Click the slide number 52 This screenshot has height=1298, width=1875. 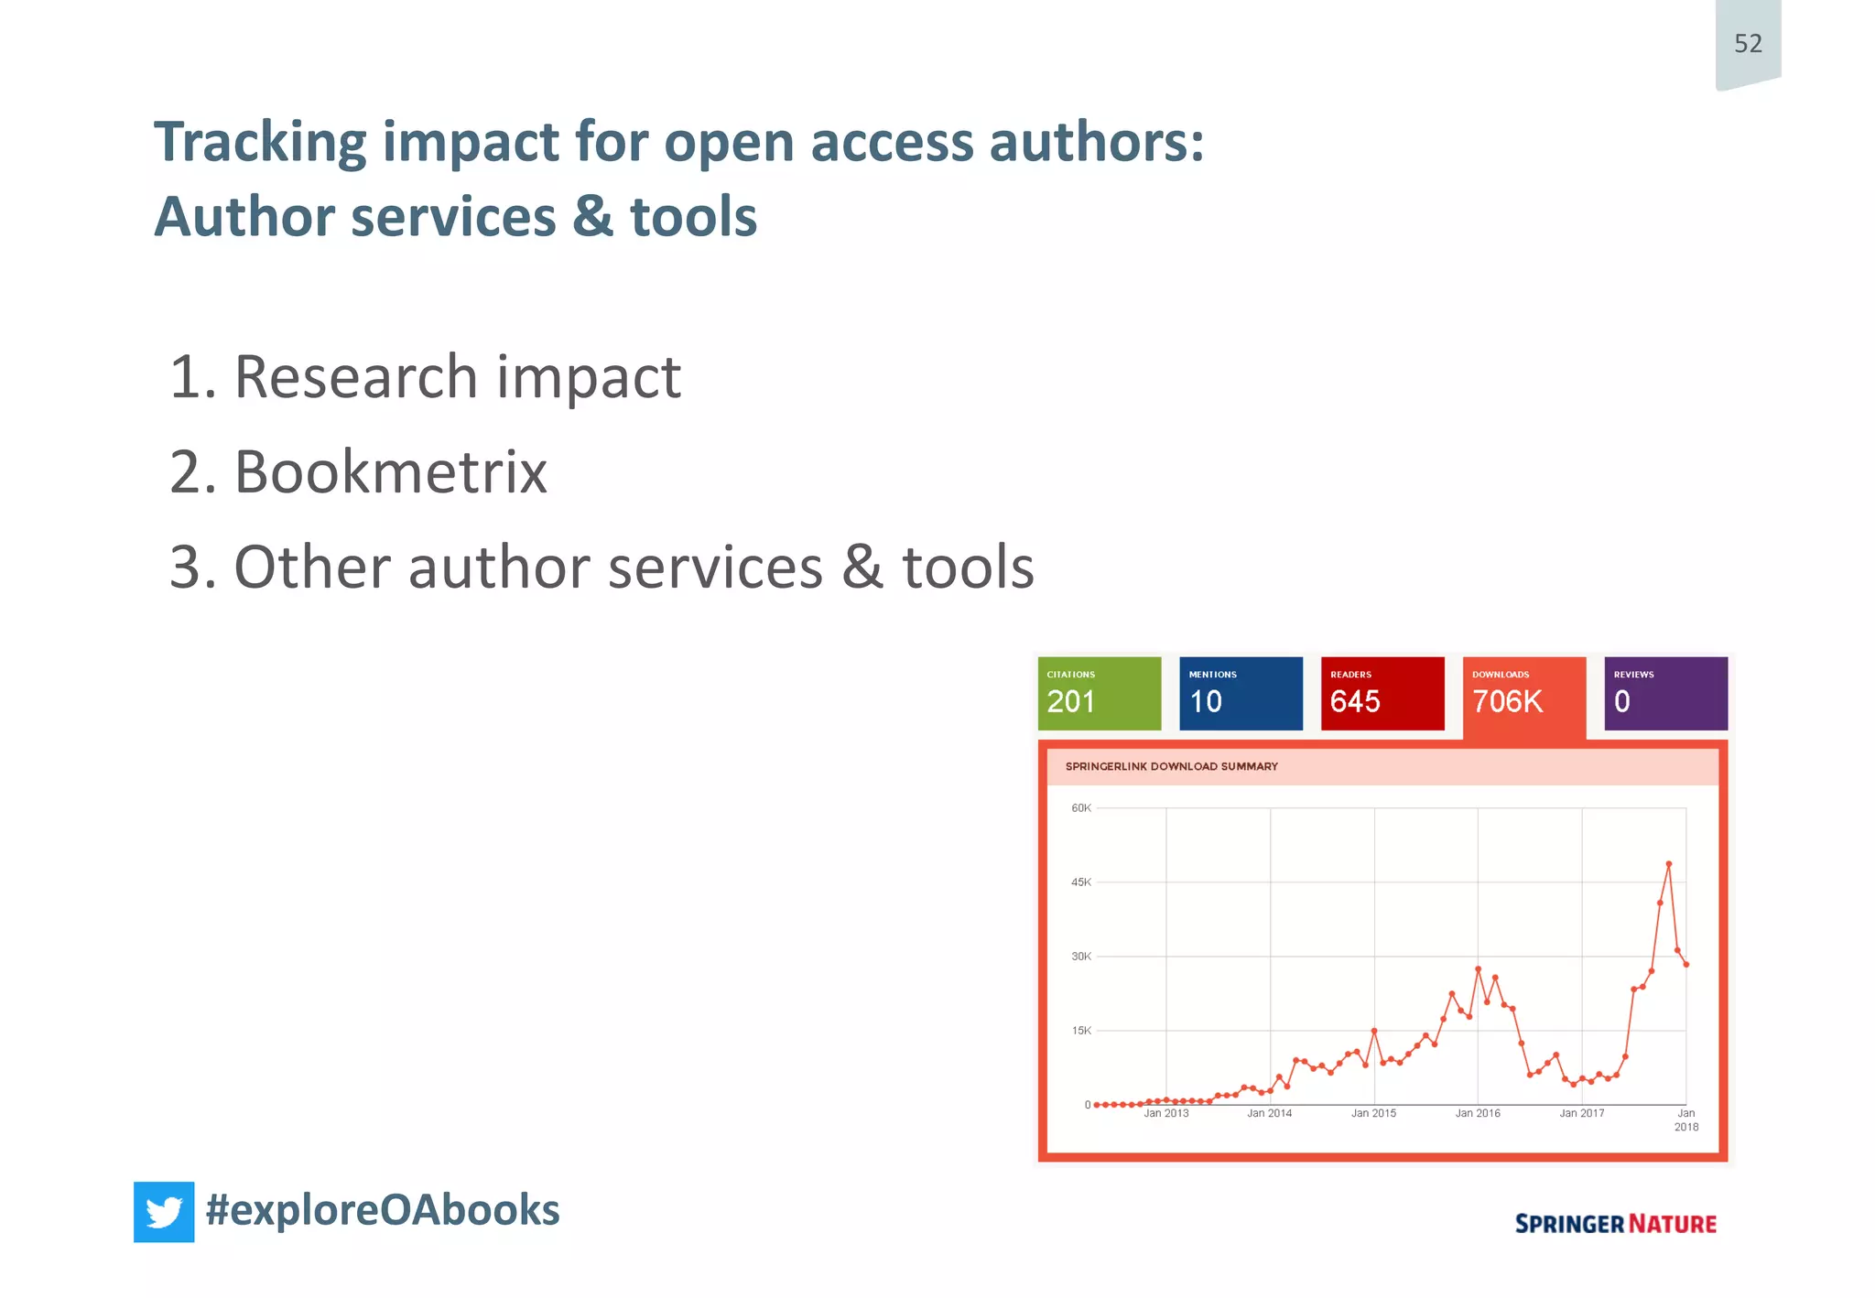coord(1748,43)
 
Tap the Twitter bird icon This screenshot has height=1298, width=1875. coord(164,1211)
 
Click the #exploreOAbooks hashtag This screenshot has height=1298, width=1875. coord(383,1209)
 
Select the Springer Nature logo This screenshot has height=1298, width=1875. coord(1615,1224)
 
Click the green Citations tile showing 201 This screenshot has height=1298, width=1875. coord(1099,693)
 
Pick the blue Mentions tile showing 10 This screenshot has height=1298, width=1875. coord(1241,693)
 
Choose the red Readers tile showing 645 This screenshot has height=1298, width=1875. coord(1382,693)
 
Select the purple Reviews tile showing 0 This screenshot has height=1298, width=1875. coord(1665,693)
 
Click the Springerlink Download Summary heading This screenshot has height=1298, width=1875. coord(1171,766)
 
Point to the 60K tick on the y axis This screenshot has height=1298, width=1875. coord(1081,808)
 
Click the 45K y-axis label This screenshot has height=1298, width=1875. coord(1081,882)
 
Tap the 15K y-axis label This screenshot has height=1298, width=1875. coord(1081,1031)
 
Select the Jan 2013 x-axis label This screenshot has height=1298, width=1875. coord(1165,1113)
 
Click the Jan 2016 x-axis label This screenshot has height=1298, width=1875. coord(1478,1113)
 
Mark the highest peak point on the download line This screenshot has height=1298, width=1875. coord(1669,864)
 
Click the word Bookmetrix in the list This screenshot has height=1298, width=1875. coord(390,472)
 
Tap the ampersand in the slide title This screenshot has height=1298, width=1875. coord(593,217)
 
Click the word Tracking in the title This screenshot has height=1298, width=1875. coord(260,143)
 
